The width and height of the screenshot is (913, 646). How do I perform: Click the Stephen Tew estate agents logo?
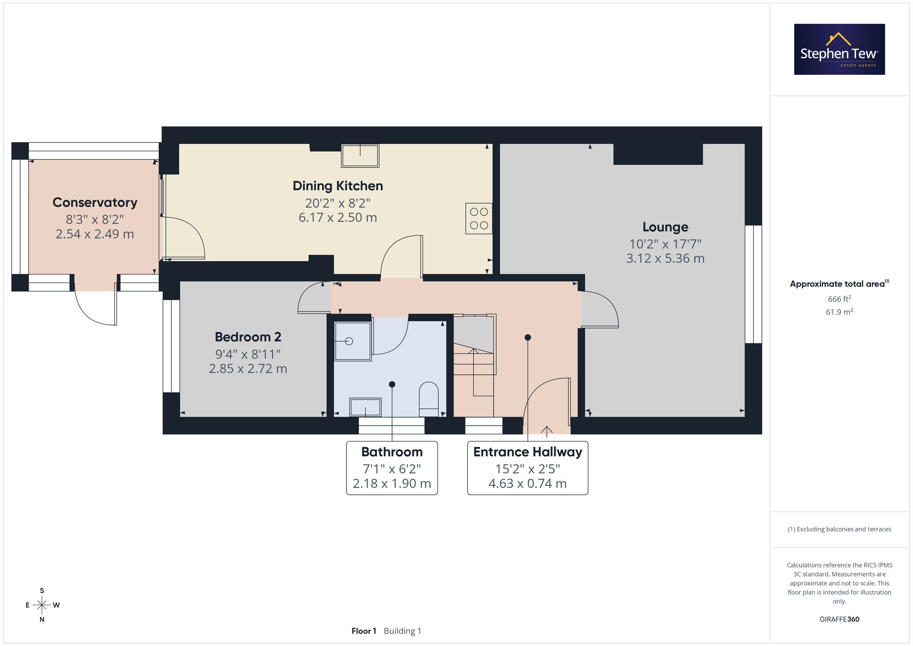point(840,49)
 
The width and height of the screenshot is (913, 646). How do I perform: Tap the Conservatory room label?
point(95,202)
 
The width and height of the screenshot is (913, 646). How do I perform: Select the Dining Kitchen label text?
point(338,186)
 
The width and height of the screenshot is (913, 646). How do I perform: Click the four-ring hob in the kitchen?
point(479,219)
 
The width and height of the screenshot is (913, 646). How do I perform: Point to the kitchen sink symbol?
point(360,156)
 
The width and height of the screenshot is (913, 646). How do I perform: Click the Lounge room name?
point(665,227)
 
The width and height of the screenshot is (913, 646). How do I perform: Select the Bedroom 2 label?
point(248,337)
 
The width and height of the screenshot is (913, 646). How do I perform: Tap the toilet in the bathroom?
point(429,399)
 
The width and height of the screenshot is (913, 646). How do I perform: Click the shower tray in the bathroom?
point(353,341)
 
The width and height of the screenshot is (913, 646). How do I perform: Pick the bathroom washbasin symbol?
point(365,407)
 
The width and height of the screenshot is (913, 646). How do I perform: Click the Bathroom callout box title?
point(392,452)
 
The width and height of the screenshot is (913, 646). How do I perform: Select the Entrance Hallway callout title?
point(528,452)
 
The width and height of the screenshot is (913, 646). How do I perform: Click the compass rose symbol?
point(42,605)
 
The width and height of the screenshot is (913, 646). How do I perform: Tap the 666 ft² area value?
point(840,299)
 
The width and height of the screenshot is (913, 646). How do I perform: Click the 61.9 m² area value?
point(840,312)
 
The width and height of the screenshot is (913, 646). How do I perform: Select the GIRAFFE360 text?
point(840,620)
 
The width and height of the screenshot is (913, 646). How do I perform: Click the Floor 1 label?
point(364,631)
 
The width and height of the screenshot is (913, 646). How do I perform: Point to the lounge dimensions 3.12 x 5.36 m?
point(665,258)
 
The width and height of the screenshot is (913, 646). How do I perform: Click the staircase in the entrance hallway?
point(474,365)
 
